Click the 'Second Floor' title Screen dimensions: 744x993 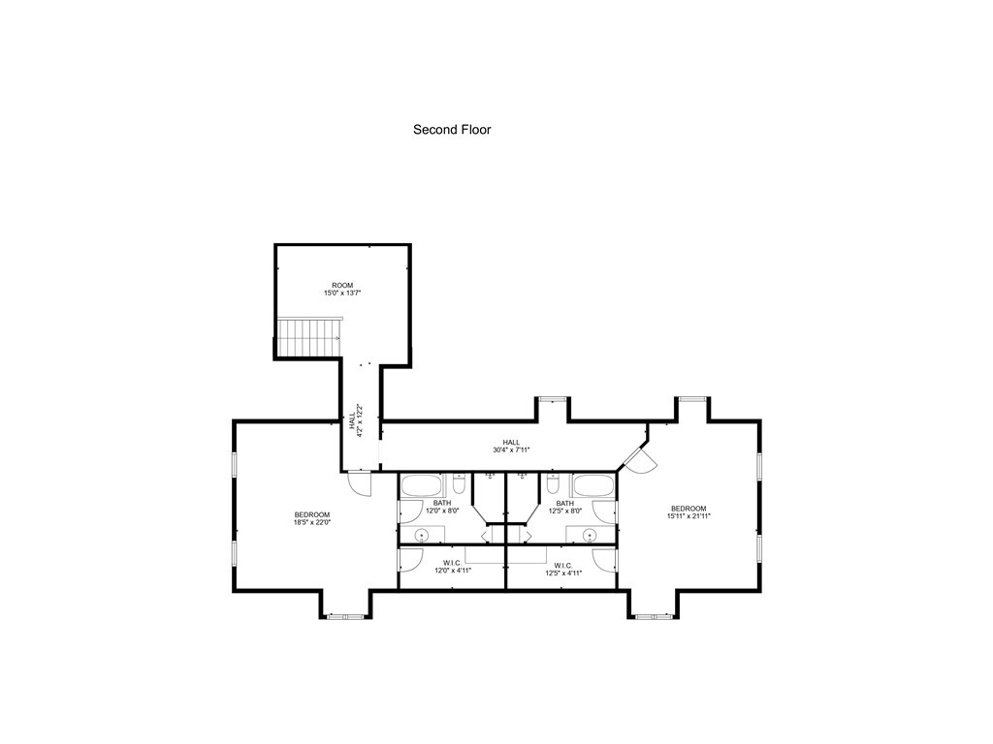coord(452,129)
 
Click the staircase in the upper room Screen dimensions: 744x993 coord(309,337)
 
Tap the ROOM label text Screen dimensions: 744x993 coord(342,285)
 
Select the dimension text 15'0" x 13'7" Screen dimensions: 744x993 coord(342,293)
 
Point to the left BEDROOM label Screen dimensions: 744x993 coord(312,513)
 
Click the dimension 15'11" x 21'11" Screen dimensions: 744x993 coord(689,516)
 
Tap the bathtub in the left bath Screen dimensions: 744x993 coord(422,485)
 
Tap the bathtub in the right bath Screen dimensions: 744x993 coord(592,485)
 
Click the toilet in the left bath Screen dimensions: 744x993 coord(460,480)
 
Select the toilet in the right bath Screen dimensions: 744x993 coord(553,480)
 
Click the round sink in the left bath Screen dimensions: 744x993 coord(423,535)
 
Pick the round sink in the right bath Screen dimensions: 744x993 coord(590,535)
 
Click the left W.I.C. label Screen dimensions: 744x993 coord(452,564)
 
